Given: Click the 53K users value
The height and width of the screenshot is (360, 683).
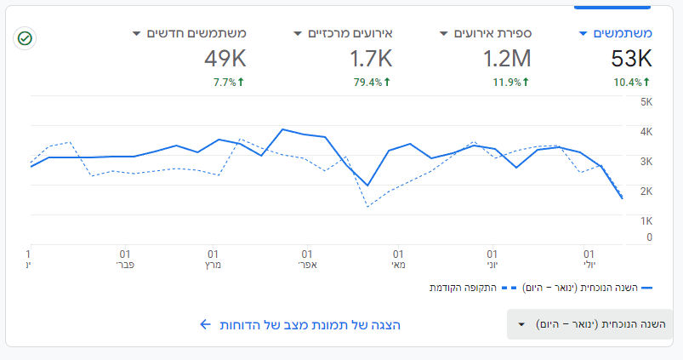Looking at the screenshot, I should [x=630, y=59].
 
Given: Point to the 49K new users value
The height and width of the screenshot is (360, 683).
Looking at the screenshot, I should [x=225, y=59].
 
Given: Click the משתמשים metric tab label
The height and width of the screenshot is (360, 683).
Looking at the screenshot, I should [x=622, y=33].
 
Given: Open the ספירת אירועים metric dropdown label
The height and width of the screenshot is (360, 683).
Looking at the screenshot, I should [x=492, y=33].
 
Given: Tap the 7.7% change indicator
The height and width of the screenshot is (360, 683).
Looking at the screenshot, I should [x=228, y=83].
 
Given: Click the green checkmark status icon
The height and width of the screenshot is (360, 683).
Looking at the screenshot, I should [x=26, y=38].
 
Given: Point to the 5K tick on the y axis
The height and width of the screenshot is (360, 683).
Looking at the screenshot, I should [x=646, y=102].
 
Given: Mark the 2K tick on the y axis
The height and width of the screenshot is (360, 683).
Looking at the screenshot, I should [x=646, y=191].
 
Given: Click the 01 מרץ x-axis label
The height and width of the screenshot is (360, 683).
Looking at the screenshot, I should [x=213, y=259].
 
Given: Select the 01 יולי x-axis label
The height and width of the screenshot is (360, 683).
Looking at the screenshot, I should [x=589, y=259].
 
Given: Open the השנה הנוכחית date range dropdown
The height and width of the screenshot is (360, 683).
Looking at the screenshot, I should [x=589, y=324].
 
